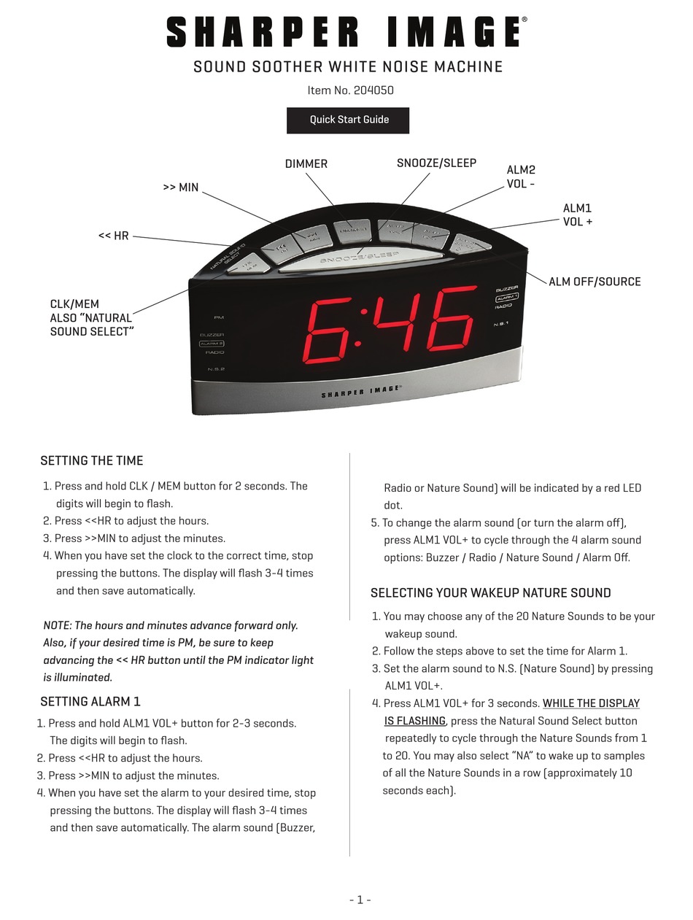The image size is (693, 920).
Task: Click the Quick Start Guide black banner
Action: coord(348,120)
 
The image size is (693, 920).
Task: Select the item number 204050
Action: coord(373,90)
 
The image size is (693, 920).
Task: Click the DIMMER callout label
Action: coord(306,164)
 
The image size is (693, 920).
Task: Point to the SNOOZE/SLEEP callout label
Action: coord(436,163)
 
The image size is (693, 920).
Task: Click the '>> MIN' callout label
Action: coord(181,188)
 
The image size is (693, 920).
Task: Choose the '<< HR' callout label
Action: coord(114,236)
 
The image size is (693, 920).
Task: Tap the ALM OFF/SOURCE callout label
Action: coord(595,282)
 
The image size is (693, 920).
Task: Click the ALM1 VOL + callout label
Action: coord(578,215)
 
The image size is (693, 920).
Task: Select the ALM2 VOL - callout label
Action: coord(521,177)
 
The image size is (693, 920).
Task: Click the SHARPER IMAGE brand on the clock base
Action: coord(361,393)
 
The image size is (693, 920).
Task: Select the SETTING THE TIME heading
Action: coord(92,461)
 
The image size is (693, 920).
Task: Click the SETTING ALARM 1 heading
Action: coord(90,702)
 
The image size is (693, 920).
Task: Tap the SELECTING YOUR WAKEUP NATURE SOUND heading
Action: coord(490,593)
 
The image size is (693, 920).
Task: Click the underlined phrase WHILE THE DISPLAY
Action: coord(591,703)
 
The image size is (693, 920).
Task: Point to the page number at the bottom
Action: coord(360,900)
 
